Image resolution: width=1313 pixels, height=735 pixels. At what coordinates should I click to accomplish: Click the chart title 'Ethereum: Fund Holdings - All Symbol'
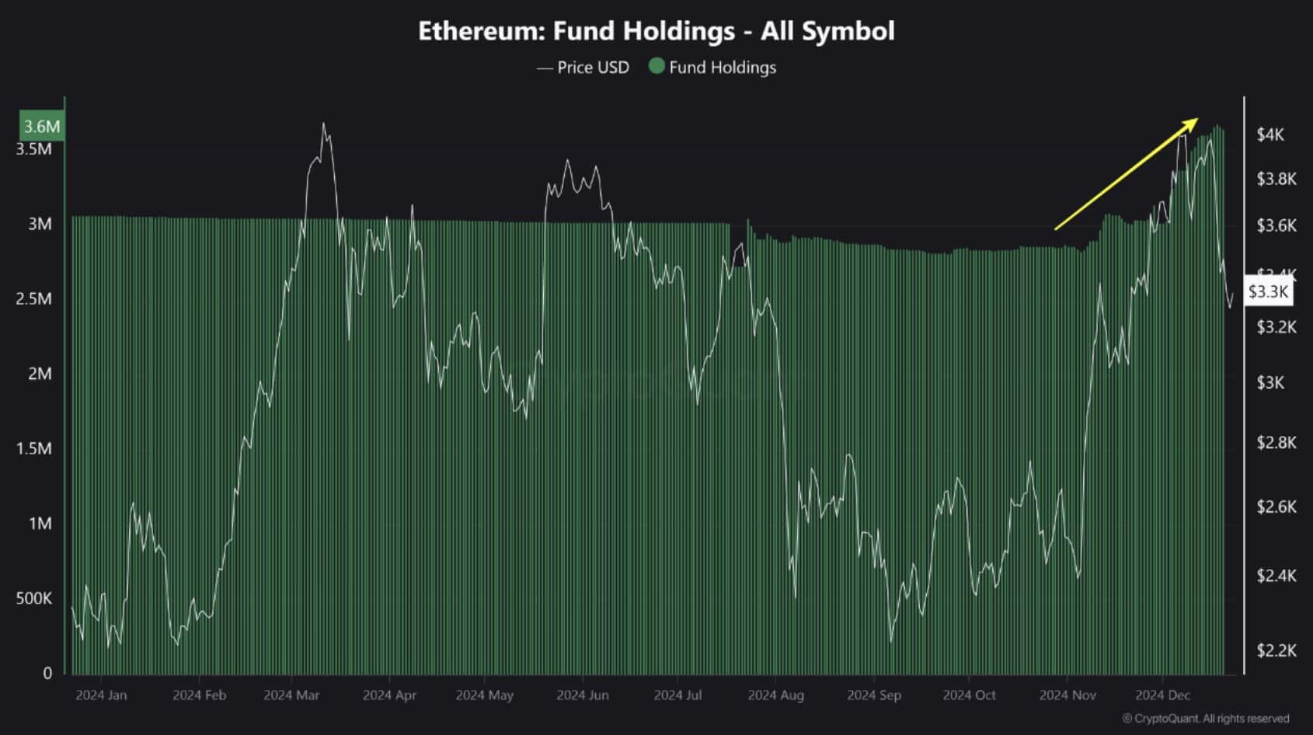coord(656,31)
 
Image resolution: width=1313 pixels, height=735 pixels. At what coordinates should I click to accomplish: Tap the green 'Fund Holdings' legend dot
coord(656,67)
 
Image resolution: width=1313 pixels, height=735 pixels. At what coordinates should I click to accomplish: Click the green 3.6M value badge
coord(41,127)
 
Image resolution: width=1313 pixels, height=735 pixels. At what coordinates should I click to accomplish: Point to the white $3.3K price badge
coord(1268,291)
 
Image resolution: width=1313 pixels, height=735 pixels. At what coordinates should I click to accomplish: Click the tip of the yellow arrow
coord(1197,119)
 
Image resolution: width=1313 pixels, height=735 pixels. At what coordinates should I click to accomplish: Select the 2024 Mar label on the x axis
coord(291,695)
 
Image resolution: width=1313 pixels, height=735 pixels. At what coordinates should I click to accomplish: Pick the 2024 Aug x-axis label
coord(775,695)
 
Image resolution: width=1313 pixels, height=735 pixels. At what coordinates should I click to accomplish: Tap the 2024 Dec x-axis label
coord(1162,695)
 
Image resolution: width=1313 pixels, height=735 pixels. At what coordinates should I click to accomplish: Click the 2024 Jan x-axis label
coord(101,695)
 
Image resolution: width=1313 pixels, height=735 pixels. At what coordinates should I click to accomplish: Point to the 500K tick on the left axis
coord(34,598)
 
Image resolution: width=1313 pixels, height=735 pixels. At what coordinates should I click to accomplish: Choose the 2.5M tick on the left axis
coord(34,299)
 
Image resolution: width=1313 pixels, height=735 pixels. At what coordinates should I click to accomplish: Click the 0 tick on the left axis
coord(47,674)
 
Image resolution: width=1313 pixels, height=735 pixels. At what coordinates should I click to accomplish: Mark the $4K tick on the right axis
coord(1270,135)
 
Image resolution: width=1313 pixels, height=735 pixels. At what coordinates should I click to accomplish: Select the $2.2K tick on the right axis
coord(1276,650)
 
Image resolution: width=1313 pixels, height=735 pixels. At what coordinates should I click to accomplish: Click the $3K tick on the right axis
coord(1270,382)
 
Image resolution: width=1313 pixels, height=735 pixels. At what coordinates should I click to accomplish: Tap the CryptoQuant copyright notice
coord(1206,719)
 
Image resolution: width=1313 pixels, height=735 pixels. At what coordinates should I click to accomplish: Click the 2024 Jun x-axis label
coord(582,695)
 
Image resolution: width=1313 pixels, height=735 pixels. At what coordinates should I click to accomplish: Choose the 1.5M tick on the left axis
coord(34,448)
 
